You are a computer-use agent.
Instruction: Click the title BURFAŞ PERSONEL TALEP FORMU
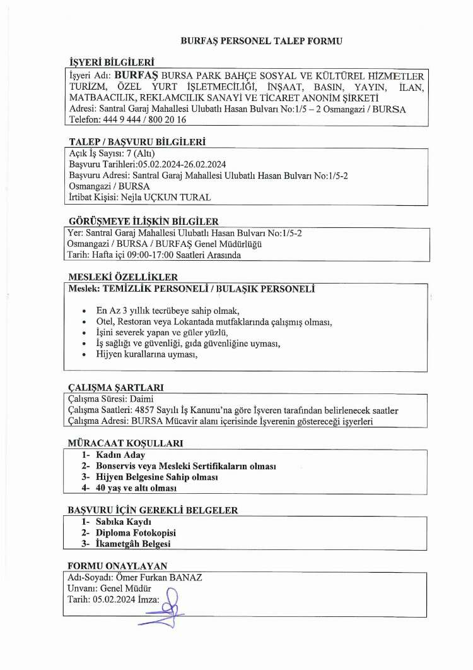point(261,40)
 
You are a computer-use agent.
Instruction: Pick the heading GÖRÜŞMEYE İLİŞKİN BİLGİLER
point(143,221)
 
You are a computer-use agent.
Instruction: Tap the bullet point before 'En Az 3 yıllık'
point(85,311)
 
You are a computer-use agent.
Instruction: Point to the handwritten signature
point(166,604)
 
